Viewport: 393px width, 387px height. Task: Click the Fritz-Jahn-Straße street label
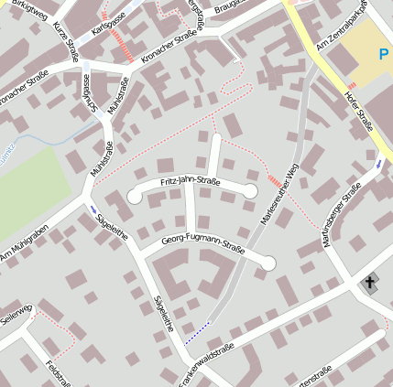190,182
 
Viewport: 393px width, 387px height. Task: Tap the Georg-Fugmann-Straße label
203,243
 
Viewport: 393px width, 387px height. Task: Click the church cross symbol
370,282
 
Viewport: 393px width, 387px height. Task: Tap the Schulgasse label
87,91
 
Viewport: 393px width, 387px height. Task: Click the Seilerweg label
16,306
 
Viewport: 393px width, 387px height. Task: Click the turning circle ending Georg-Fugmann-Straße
267,263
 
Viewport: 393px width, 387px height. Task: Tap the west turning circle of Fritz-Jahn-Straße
135,194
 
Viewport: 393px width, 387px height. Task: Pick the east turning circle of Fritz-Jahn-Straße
250,190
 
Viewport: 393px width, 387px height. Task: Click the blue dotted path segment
197,332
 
